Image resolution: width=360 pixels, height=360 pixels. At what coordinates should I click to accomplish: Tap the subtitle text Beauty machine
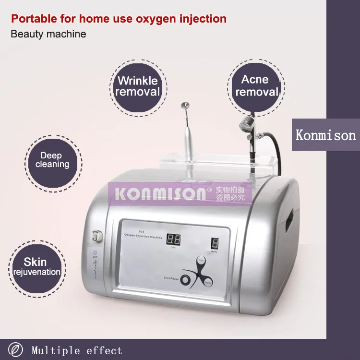click(x=48, y=34)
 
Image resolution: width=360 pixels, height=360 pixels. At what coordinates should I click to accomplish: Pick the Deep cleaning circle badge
click(x=52, y=160)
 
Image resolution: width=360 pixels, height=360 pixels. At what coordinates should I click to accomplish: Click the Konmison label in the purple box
click(x=325, y=135)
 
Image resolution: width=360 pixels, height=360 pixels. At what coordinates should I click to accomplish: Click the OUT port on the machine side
click(x=95, y=254)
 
